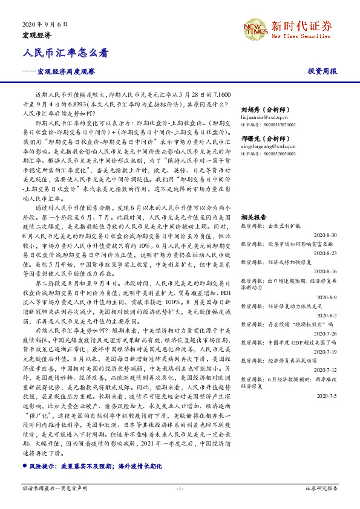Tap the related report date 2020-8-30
(x=326, y=233)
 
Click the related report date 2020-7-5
(x=327, y=397)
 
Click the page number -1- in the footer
(x=180, y=488)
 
